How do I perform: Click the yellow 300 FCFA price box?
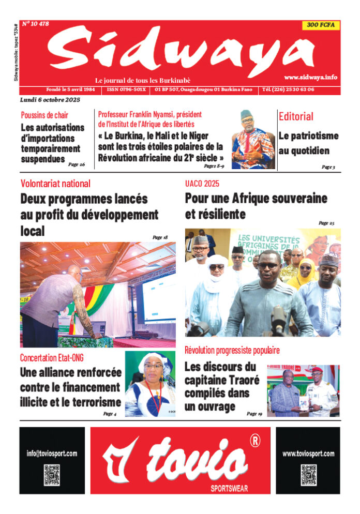click(321, 25)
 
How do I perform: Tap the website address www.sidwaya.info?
click(310, 77)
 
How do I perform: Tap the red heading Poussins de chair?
click(44, 115)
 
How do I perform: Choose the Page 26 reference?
click(77, 164)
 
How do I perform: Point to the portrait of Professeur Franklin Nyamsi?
click(253, 139)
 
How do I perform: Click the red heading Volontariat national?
click(55, 183)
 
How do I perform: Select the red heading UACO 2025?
click(202, 183)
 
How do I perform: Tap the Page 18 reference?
click(160, 237)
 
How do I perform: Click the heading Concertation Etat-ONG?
click(52, 358)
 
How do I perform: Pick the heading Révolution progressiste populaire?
click(232, 350)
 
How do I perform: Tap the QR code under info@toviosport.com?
click(52, 475)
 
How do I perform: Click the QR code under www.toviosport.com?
click(309, 475)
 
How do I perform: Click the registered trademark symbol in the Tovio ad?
click(254, 441)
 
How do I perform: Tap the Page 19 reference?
click(254, 414)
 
